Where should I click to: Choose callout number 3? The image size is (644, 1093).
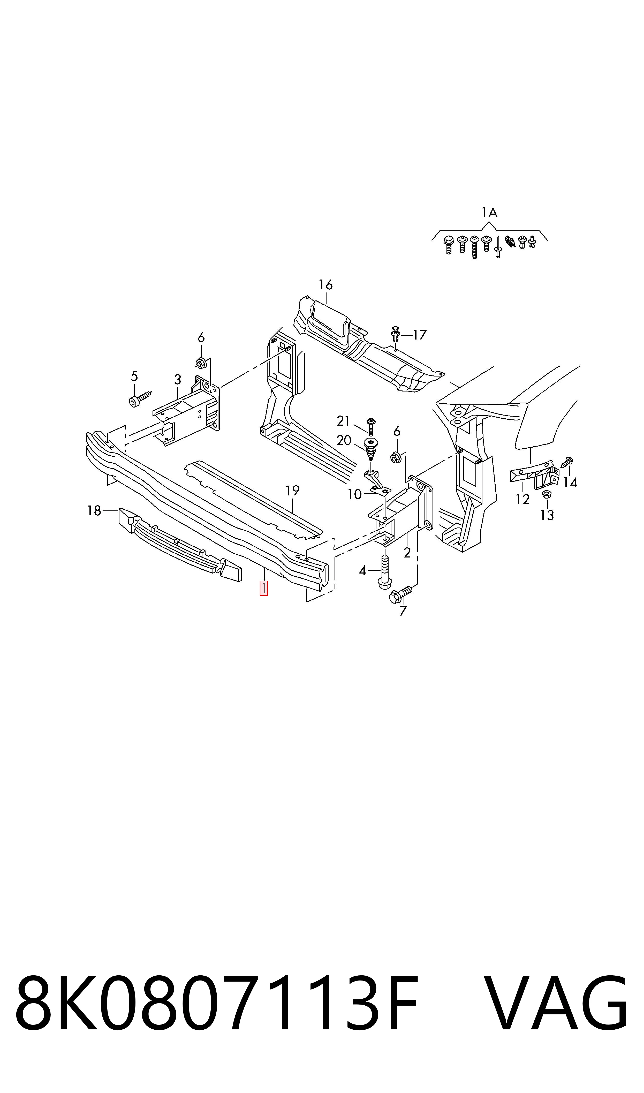point(178,380)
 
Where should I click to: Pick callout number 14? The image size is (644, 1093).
point(570,483)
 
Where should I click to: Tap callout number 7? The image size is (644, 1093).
point(403,611)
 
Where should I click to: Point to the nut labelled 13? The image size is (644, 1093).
point(547,494)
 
